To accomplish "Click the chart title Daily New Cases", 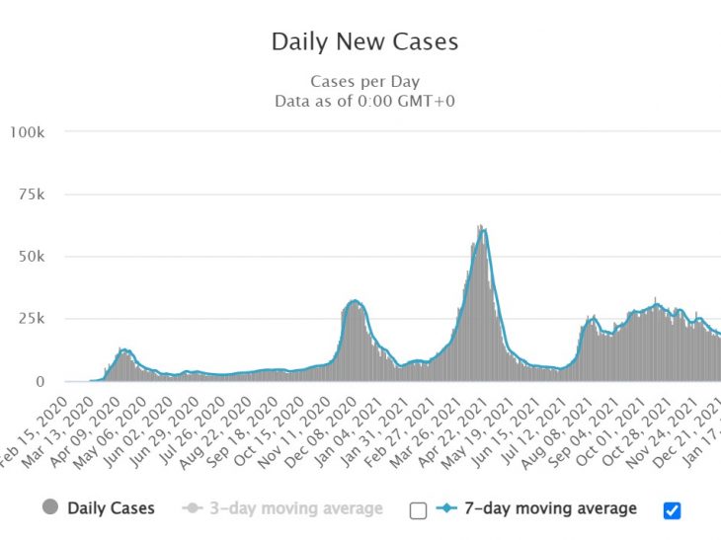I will [x=364, y=42].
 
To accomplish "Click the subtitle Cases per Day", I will [x=364, y=82].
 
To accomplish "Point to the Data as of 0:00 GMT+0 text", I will [x=364, y=101].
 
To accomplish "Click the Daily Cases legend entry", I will [x=111, y=508].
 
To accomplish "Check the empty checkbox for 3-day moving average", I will [x=418, y=509].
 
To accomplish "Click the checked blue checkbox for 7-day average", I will [x=673, y=509].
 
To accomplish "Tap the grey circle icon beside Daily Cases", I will [x=49, y=508].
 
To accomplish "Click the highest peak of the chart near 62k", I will [x=480, y=227].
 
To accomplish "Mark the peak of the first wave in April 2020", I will [x=123, y=349].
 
